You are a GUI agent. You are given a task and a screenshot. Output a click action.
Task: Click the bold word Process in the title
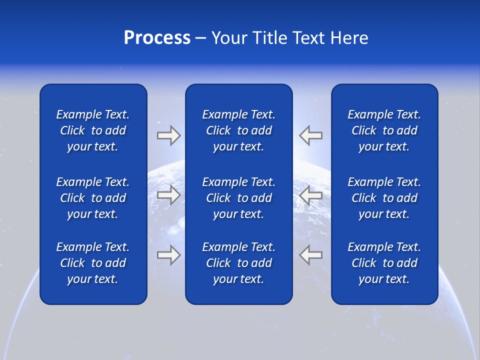click(x=157, y=38)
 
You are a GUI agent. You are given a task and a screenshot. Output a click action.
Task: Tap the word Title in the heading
click(x=270, y=38)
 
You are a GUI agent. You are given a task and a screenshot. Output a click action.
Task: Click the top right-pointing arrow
click(x=169, y=135)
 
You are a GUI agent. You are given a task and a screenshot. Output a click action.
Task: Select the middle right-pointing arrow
click(x=169, y=195)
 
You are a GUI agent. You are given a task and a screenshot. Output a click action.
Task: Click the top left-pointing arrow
click(x=310, y=135)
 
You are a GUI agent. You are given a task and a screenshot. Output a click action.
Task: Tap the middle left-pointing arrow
click(x=310, y=195)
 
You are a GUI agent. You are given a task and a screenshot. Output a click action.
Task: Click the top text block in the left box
click(x=93, y=130)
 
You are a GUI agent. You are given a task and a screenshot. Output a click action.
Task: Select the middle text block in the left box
click(x=93, y=198)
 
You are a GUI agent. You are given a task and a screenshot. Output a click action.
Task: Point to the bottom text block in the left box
click(x=93, y=263)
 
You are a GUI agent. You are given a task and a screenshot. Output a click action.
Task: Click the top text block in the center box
click(x=238, y=130)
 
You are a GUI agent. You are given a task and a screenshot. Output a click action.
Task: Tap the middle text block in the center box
click(x=238, y=198)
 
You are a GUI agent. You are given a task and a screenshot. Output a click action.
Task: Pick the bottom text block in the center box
click(x=238, y=263)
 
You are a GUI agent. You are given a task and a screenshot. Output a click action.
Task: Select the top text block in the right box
click(x=384, y=130)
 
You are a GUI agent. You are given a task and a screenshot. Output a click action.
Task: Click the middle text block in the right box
click(x=384, y=198)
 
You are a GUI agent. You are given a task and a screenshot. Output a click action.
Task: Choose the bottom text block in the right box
click(x=384, y=263)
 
